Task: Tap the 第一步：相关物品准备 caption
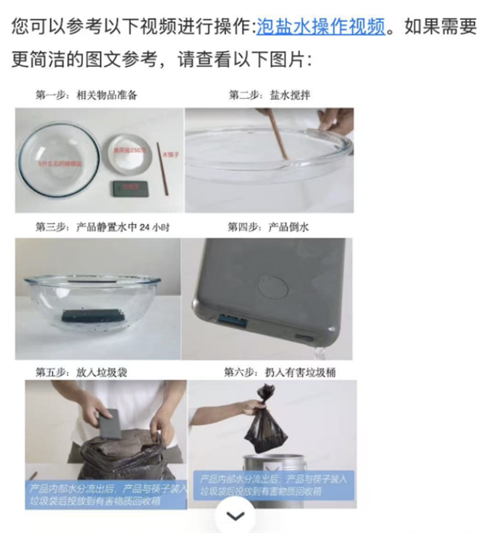point(86,96)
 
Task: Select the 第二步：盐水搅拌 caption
point(269,96)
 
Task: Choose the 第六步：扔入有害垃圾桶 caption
point(274,372)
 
